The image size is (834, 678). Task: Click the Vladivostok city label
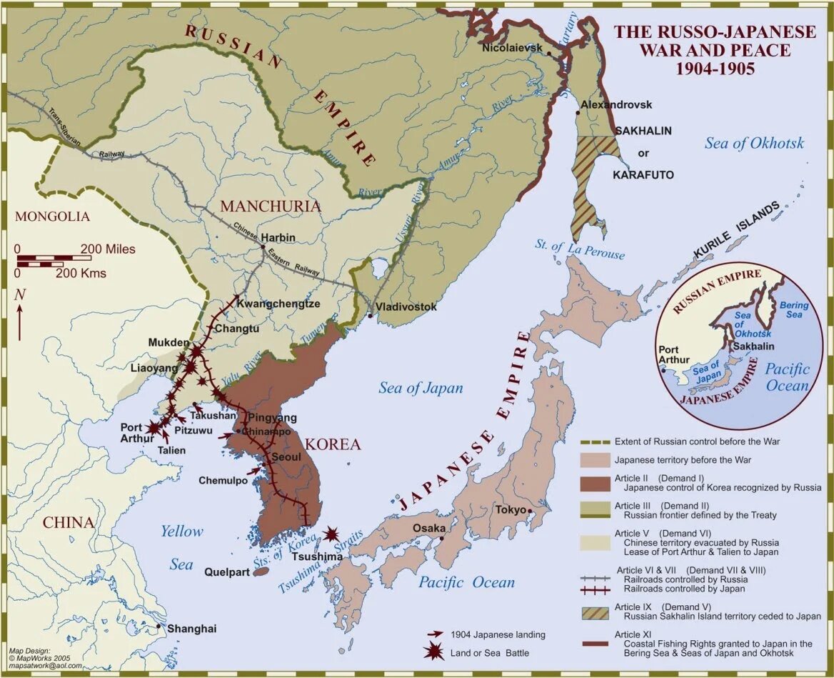406,306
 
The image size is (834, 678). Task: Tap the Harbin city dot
263,247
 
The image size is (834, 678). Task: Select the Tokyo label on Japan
511,509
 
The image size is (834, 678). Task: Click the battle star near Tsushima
331,534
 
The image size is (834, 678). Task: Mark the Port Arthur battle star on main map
154,427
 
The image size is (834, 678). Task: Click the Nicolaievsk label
513,48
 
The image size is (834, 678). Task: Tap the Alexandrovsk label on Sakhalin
616,104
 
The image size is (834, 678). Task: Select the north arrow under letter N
20,321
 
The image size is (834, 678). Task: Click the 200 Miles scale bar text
107,249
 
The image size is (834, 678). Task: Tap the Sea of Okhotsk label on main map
754,143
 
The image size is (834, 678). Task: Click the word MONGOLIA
53,216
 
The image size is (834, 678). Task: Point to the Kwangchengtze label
278,304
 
